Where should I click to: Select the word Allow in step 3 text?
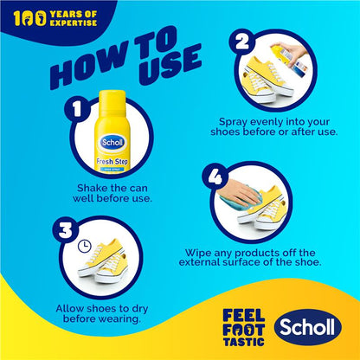click(x=70, y=307)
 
